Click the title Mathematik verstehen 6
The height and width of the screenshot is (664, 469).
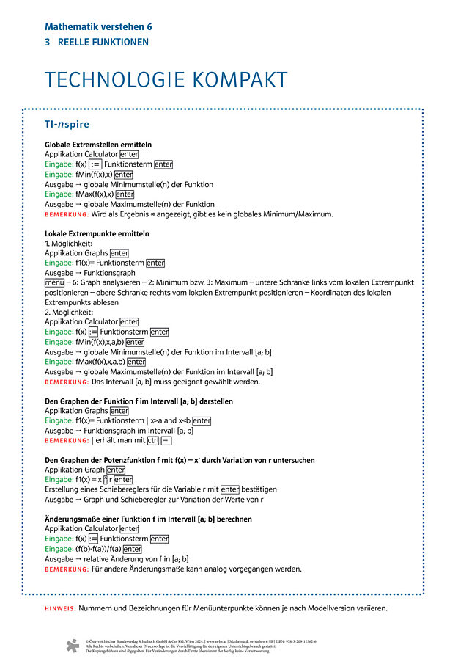click(x=98, y=26)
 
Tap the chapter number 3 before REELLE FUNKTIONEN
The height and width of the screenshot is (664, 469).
click(x=48, y=43)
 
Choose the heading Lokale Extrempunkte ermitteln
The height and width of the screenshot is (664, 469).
click(x=97, y=234)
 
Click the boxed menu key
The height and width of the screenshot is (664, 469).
click(x=54, y=282)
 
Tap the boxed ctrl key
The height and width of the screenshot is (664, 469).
click(x=152, y=440)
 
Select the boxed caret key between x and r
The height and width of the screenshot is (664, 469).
click(x=106, y=480)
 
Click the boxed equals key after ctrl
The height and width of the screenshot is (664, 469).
click(x=166, y=440)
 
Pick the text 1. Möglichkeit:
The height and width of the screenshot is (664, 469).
click(x=68, y=244)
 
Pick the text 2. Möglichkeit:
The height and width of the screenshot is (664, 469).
click(x=68, y=312)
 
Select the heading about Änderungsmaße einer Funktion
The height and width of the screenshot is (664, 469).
click(x=148, y=519)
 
